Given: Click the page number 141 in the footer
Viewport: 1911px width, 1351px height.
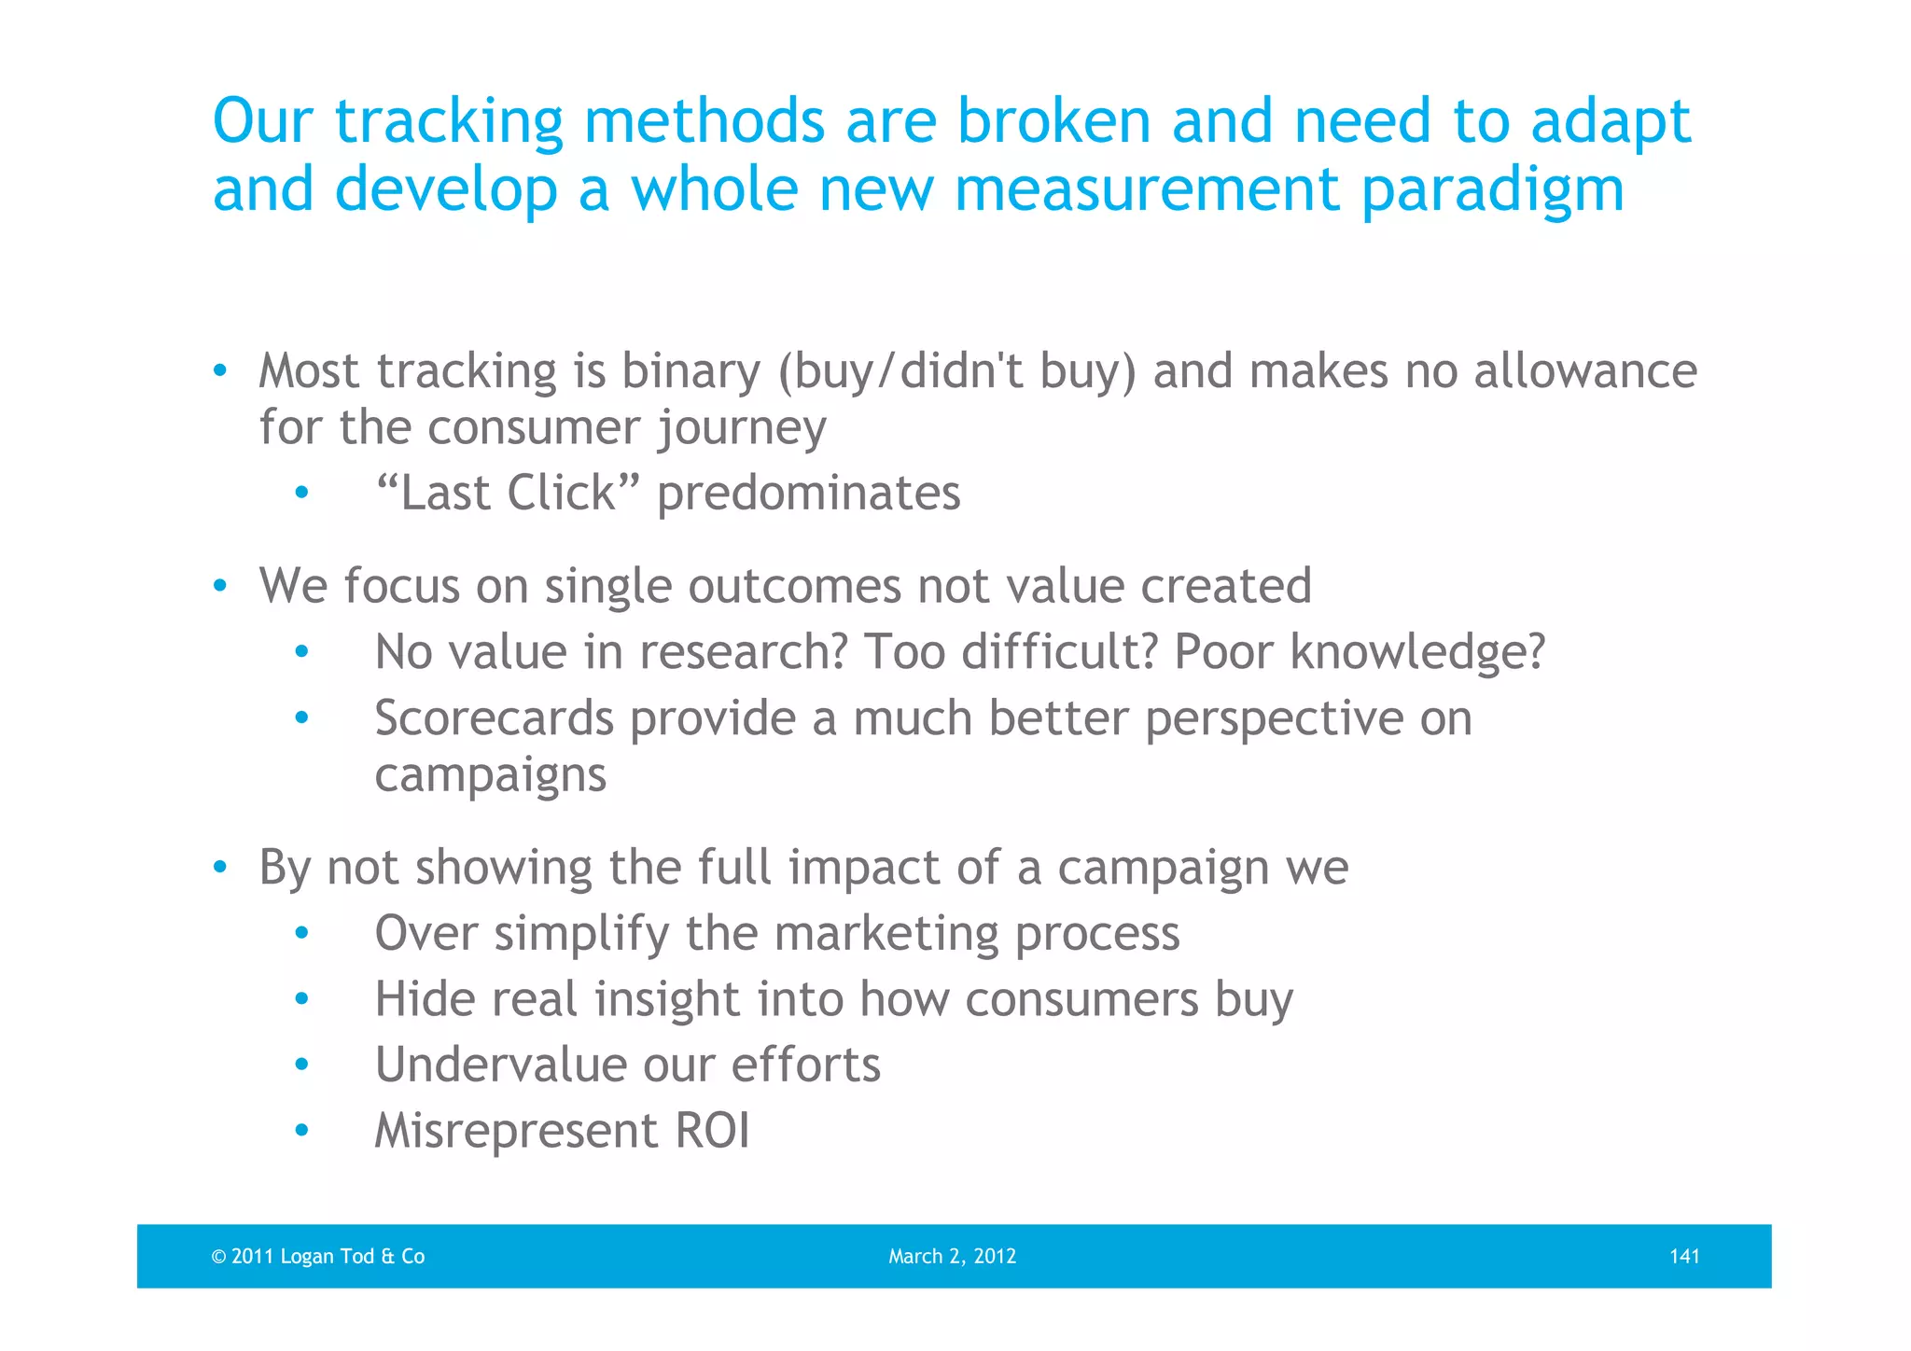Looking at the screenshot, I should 1683,1256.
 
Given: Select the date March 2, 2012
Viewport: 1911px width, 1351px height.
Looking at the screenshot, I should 952,1256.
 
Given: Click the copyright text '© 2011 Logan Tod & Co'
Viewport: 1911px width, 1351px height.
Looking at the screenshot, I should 318,1256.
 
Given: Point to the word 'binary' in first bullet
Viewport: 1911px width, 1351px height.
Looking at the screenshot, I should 690,372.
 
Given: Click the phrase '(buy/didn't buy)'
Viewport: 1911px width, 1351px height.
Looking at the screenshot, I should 957,372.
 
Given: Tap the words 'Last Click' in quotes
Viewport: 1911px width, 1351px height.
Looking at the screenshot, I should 508,493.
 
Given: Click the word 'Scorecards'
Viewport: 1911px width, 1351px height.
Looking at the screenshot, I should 494,718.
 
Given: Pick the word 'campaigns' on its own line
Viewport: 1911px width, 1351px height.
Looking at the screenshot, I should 490,775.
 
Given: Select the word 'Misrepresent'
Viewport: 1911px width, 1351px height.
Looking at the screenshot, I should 516,1131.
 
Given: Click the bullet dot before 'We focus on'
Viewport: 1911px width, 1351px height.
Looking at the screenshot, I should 219,587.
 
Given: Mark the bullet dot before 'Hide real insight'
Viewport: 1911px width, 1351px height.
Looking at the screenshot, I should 300,999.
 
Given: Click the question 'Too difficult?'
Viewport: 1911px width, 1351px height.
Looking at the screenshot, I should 1011,651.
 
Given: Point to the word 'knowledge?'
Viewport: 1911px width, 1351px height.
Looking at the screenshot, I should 1417,651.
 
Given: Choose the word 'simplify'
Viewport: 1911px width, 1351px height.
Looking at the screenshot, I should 581,933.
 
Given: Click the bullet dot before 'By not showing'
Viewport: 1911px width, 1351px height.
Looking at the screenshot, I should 219,868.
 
